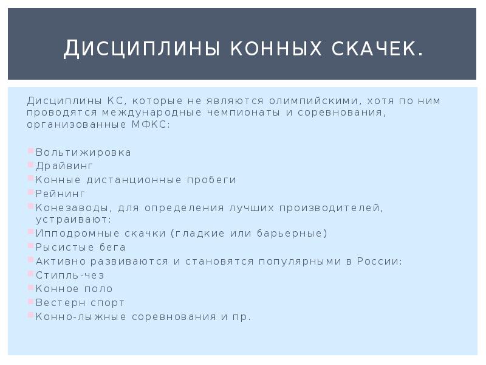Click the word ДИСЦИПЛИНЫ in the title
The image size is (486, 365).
pyautogui.click(x=140, y=48)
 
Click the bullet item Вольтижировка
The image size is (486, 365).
pyautogui.click(x=83, y=152)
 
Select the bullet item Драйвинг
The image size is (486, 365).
pyautogui.click(x=64, y=165)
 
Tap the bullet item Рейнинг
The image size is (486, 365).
pyautogui.click(x=61, y=193)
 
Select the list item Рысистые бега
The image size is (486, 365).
pyautogui.click(x=81, y=248)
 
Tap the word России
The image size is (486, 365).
pyautogui.click(x=378, y=262)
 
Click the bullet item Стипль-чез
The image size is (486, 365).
pyautogui.click(x=70, y=276)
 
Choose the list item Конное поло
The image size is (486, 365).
pyautogui.click(x=74, y=289)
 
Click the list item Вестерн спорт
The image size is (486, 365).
pyautogui.click(x=80, y=303)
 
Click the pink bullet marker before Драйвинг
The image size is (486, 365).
pyautogui.click(x=30, y=164)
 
